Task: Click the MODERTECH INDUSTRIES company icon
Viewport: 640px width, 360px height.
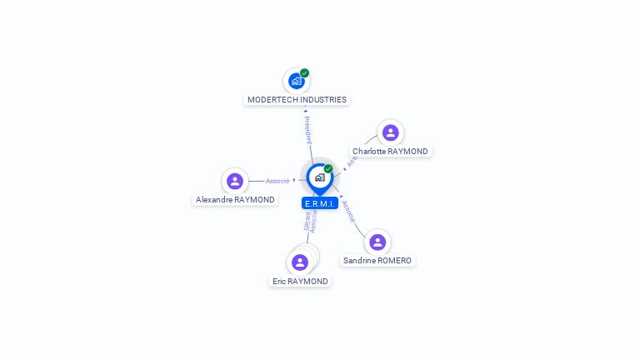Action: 296,81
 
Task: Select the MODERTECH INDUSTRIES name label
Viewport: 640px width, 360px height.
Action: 297,100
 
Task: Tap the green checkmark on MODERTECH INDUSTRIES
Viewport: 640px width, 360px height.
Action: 305,73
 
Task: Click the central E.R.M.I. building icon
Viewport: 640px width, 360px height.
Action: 319,177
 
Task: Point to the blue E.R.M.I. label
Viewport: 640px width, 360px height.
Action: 319,203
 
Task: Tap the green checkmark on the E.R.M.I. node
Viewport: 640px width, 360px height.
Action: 328,169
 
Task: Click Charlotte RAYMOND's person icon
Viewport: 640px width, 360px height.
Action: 390,132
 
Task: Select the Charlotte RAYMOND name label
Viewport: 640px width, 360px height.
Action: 390,152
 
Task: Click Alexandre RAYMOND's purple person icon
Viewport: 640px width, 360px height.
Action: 235,181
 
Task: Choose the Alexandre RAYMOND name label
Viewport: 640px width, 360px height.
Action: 235,200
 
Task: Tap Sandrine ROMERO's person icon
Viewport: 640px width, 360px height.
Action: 377,242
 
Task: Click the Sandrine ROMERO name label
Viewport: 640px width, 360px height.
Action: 377,261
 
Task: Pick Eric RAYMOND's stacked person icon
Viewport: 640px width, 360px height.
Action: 300,262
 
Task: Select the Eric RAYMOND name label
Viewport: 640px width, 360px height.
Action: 300,282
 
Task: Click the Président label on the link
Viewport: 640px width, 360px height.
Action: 307,131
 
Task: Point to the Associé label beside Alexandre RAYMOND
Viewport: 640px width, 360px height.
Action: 277,181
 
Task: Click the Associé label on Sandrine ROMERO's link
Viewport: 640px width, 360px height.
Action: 348,211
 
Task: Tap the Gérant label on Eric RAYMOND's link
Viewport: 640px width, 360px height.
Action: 307,220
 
